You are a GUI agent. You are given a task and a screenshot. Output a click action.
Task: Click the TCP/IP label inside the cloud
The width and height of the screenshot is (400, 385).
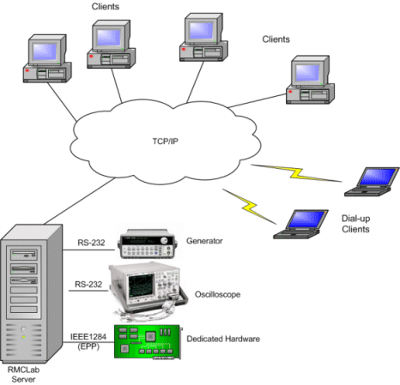tap(165, 141)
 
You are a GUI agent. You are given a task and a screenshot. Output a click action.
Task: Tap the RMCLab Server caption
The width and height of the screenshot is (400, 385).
tap(23, 375)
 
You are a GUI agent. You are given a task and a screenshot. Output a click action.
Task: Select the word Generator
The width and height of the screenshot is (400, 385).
tap(204, 241)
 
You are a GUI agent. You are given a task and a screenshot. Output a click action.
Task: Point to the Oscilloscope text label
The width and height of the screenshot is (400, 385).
tap(217, 294)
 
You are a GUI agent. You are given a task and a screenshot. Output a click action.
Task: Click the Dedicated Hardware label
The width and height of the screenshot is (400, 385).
tap(223, 339)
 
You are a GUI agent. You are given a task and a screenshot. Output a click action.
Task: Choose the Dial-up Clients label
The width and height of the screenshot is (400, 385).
tap(355, 224)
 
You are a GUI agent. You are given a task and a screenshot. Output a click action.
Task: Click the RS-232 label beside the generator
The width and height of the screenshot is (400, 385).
tap(91, 243)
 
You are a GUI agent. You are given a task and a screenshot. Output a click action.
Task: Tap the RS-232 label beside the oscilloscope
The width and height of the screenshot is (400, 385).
tap(88, 284)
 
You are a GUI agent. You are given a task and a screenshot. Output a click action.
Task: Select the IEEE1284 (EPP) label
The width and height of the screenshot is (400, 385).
tap(88, 341)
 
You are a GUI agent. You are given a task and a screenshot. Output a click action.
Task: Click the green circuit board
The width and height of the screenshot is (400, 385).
tap(148, 342)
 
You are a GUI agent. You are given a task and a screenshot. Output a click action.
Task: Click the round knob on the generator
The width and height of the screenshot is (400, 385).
tap(164, 241)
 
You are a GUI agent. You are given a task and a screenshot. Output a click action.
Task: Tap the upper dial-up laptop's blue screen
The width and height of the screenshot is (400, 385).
tap(378, 177)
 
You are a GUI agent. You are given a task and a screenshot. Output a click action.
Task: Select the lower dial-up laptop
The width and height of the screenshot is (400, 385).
tap(301, 224)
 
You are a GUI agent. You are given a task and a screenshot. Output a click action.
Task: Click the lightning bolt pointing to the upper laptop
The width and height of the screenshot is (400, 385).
tap(296, 173)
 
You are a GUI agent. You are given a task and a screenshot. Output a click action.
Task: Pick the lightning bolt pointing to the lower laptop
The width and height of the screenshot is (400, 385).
tap(250, 207)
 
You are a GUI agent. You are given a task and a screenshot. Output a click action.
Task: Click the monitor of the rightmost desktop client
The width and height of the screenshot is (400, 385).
tap(311, 70)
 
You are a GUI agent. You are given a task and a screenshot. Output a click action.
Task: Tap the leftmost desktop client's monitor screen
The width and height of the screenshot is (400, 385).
tap(45, 51)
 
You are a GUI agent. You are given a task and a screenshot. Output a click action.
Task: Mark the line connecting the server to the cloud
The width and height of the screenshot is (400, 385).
tap(80, 201)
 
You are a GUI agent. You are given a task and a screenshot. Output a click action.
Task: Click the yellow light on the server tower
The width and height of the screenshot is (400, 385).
tap(23, 337)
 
